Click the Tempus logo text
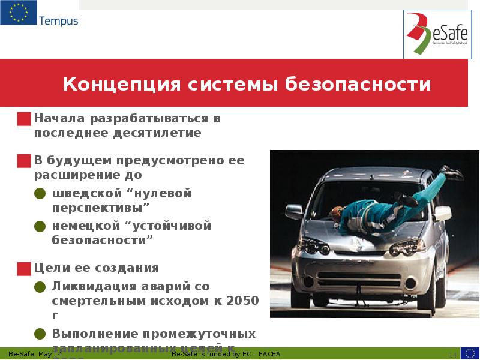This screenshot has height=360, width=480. [x=58, y=21]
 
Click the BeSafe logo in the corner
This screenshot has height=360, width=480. [x=434, y=34]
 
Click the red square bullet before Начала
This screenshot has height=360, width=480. [x=25, y=119]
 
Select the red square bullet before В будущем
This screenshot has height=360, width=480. [x=25, y=161]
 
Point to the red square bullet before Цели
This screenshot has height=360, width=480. [x=25, y=268]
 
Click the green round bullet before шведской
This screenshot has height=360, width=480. [x=40, y=194]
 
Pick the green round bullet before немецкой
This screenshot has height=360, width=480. [x=40, y=226]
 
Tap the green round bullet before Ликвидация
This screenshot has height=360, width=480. [x=40, y=287]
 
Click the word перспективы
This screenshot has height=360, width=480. [x=100, y=208]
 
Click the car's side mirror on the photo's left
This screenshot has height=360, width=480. [x=294, y=211]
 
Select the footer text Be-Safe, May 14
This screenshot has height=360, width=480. [x=35, y=355]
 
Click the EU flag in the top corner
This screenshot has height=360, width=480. [x=18, y=13]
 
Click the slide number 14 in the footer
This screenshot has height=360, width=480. [x=453, y=355]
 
